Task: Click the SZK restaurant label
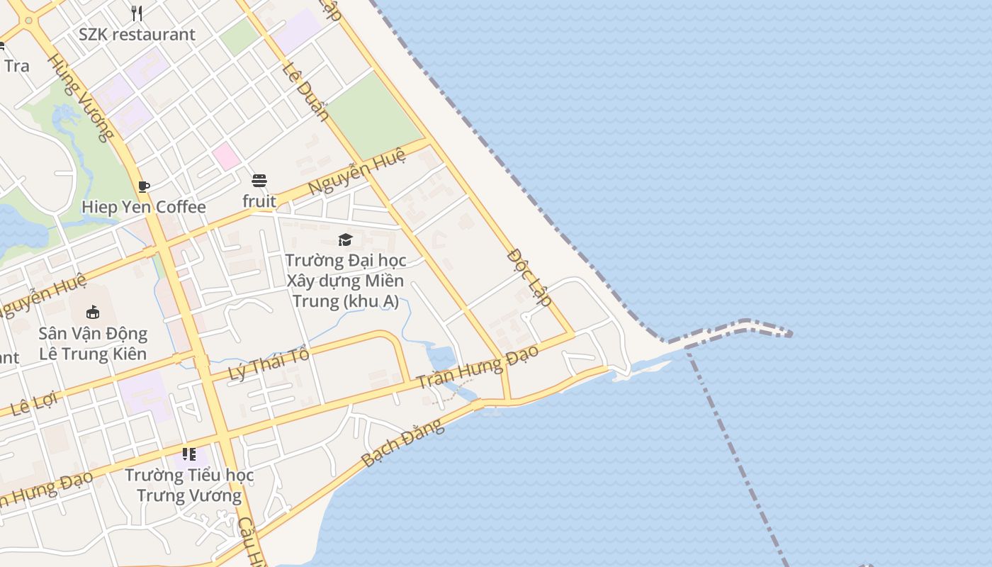point(137,34)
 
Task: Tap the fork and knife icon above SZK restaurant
point(137,13)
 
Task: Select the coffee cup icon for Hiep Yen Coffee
point(144,186)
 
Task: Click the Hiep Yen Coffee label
point(144,207)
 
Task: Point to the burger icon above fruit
point(259,181)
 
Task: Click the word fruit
point(259,201)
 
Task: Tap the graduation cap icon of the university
point(345,240)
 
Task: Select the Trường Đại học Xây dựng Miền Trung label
point(345,281)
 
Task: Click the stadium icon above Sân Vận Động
point(93,312)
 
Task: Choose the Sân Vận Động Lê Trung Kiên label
point(93,344)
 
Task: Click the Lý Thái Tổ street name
point(270,364)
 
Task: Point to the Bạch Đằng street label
point(402,443)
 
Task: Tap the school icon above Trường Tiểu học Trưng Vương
point(188,454)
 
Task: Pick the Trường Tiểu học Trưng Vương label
point(189,485)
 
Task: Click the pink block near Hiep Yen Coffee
point(226,156)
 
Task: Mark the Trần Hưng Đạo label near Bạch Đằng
point(477,366)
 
